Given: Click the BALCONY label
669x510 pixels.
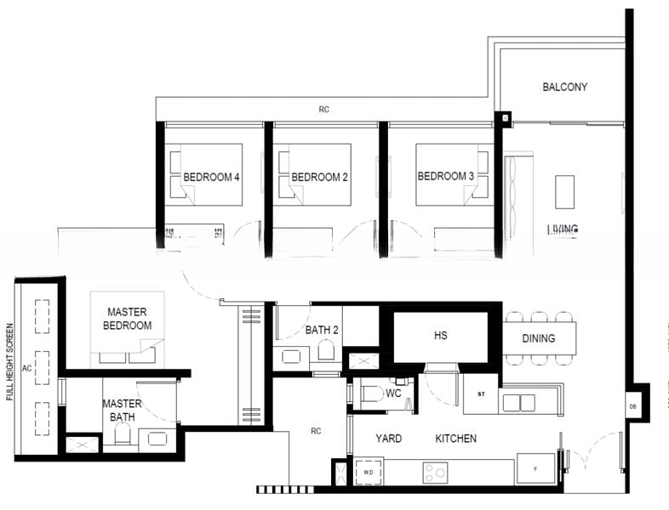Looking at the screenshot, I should tap(564, 87).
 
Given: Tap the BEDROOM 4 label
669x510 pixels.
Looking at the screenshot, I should tap(211, 178).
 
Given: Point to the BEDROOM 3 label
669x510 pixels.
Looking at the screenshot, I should tap(446, 177).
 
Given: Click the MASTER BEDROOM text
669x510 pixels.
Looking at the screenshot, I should tap(128, 319).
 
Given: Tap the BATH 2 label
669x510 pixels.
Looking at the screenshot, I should tap(323, 331).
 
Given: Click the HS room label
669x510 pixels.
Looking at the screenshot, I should tap(440, 336).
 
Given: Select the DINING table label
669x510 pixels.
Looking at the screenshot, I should tap(538, 338).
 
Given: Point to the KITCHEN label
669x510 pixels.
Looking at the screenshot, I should tap(456, 439).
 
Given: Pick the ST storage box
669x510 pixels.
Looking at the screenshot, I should tap(480, 394).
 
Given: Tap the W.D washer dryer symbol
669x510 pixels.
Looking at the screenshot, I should tap(369, 472).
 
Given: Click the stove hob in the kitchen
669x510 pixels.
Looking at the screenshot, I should tap(436, 473).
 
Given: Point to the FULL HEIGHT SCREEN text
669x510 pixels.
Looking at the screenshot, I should tap(9, 361).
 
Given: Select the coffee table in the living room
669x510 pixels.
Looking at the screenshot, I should tap(564, 191).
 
